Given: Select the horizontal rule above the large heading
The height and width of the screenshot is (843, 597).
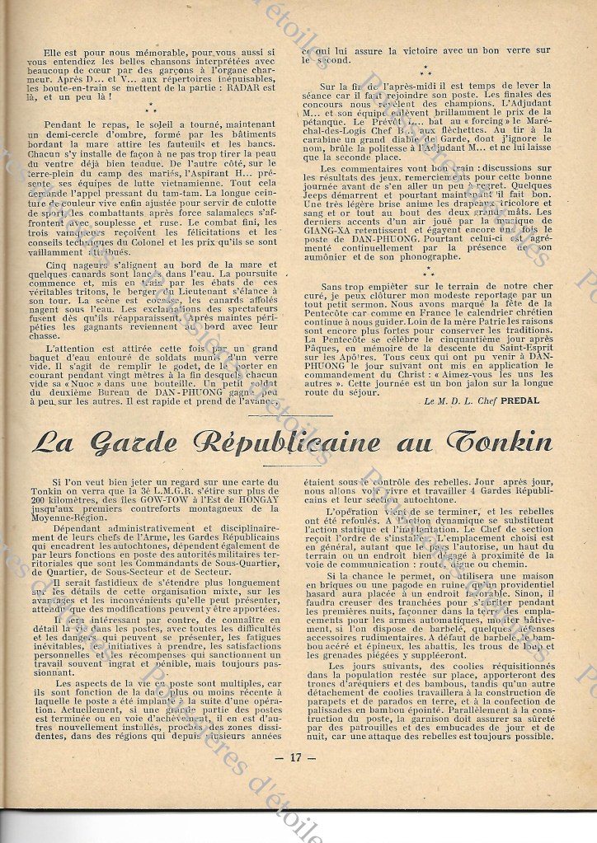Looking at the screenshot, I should (297, 414).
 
